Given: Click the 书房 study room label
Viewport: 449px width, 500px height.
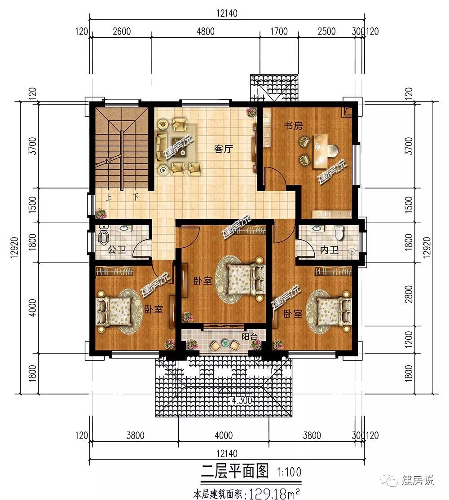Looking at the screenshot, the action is click(293, 126).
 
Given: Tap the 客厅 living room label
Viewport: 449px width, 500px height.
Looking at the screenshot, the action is click(224, 149).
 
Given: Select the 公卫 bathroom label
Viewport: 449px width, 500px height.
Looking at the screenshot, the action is click(117, 250).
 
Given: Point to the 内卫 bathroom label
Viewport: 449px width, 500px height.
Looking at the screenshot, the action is click(330, 250).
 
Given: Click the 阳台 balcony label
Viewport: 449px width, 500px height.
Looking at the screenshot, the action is click(249, 337).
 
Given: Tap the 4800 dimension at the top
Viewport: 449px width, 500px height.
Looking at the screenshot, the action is click(205, 31).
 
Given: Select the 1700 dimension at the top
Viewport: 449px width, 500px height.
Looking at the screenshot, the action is click(279, 31).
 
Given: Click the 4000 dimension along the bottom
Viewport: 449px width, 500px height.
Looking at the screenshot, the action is click(224, 435).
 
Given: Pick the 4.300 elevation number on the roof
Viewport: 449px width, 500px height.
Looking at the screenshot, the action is click(242, 400).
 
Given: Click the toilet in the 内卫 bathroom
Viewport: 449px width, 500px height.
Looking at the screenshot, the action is click(339, 232).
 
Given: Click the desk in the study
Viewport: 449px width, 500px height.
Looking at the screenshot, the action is click(321, 151).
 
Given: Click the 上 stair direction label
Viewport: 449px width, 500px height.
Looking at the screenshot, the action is click(109, 197).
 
